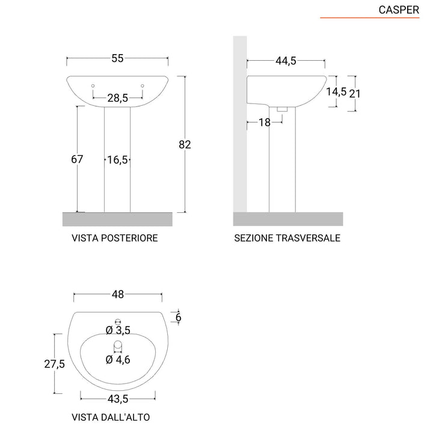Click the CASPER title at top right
(x=399, y=10)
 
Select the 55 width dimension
(x=117, y=58)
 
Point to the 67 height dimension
(x=76, y=159)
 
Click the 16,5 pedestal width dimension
(x=117, y=160)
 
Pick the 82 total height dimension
(x=185, y=144)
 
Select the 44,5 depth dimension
(x=286, y=61)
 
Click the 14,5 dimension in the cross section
(x=336, y=91)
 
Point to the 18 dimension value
(x=265, y=122)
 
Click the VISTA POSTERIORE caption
(x=115, y=238)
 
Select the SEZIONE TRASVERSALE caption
(x=287, y=238)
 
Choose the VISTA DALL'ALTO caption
(x=111, y=417)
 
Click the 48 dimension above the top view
(x=117, y=295)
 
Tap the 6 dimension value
(x=178, y=317)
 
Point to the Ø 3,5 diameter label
(x=118, y=330)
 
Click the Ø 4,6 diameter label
(x=118, y=360)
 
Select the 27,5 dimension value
(x=54, y=364)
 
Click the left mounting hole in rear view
(x=93, y=85)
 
